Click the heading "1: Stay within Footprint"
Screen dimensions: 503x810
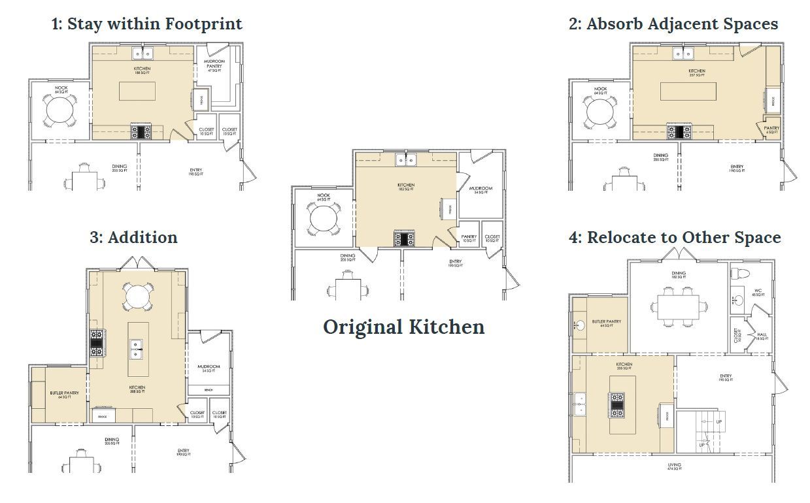(x=146, y=24)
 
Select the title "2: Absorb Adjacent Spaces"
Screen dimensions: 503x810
(x=673, y=24)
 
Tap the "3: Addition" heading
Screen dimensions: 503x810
(x=133, y=236)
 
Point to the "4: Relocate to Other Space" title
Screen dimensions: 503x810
(x=674, y=236)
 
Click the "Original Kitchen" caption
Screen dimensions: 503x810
(x=403, y=327)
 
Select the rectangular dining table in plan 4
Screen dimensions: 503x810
(x=679, y=305)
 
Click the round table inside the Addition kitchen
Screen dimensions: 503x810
(x=137, y=297)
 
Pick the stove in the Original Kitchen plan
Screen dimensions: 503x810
(x=403, y=238)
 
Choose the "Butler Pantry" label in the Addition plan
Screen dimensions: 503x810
(x=64, y=395)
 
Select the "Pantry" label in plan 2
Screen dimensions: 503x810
(x=771, y=129)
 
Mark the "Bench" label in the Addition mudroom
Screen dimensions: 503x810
(x=209, y=389)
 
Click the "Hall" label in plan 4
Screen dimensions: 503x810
(x=761, y=335)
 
